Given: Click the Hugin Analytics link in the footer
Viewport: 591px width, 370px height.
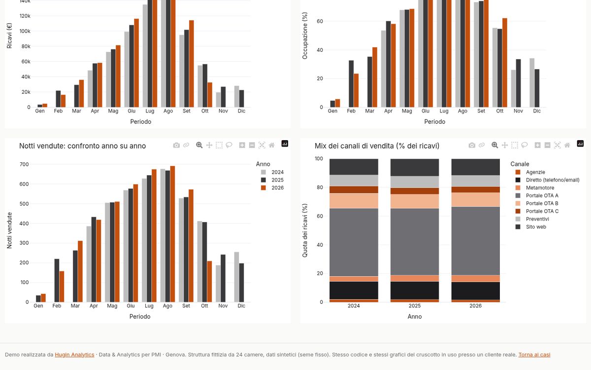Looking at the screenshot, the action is point(74,355).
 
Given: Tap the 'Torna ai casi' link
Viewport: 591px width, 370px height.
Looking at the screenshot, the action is point(534,355).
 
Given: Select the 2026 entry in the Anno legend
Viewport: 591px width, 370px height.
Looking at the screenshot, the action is point(272,188).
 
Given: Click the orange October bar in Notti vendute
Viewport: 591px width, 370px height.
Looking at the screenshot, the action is point(209,282).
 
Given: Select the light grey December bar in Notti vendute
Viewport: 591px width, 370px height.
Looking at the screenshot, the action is point(236,277).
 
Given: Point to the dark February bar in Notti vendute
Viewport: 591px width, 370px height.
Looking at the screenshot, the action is point(57,280).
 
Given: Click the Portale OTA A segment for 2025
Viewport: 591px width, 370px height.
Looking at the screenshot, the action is point(415,242).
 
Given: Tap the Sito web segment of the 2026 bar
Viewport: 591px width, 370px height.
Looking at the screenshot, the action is point(475,167).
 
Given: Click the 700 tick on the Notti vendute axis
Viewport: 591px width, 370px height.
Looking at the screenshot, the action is point(24,164).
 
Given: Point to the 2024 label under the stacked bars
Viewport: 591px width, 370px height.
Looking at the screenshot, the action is point(354,306).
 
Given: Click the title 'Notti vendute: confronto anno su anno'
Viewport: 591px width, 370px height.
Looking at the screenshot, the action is point(83,146).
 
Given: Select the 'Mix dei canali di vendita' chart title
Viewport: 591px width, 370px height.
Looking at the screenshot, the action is point(377,146).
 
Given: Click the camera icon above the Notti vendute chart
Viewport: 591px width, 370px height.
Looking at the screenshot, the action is point(176,145).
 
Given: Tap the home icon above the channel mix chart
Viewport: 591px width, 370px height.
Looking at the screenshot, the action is point(567,145).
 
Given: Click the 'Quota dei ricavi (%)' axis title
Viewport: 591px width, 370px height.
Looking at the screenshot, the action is point(305,230).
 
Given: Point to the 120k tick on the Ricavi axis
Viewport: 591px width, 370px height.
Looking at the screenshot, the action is point(25,16).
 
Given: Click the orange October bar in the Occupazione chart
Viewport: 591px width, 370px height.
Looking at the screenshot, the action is point(505,63).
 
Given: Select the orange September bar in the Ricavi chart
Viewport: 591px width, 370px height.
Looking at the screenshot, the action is point(191,64).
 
